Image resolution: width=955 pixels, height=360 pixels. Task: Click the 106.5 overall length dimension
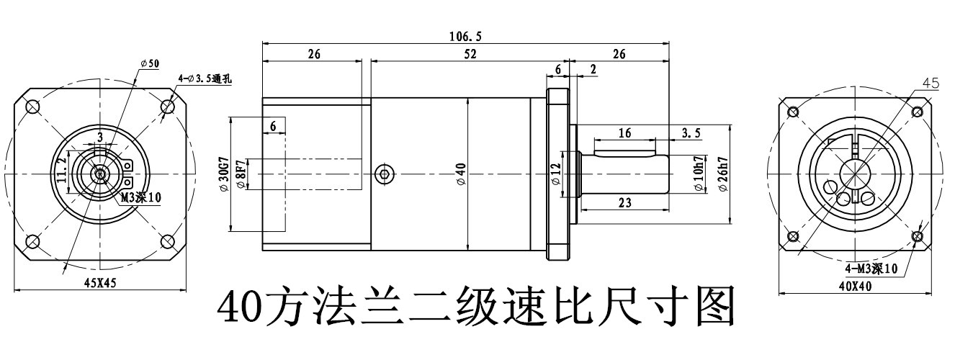click(465, 36)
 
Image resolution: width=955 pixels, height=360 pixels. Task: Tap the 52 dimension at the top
click(470, 54)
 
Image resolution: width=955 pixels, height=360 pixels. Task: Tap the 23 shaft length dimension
click(624, 204)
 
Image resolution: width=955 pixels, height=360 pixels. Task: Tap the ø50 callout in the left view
click(150, 64)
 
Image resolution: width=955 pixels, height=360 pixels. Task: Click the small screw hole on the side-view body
click(385, 173)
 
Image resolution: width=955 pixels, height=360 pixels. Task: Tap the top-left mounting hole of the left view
click(33, 107)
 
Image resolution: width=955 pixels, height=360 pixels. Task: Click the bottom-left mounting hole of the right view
click(793, 237)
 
